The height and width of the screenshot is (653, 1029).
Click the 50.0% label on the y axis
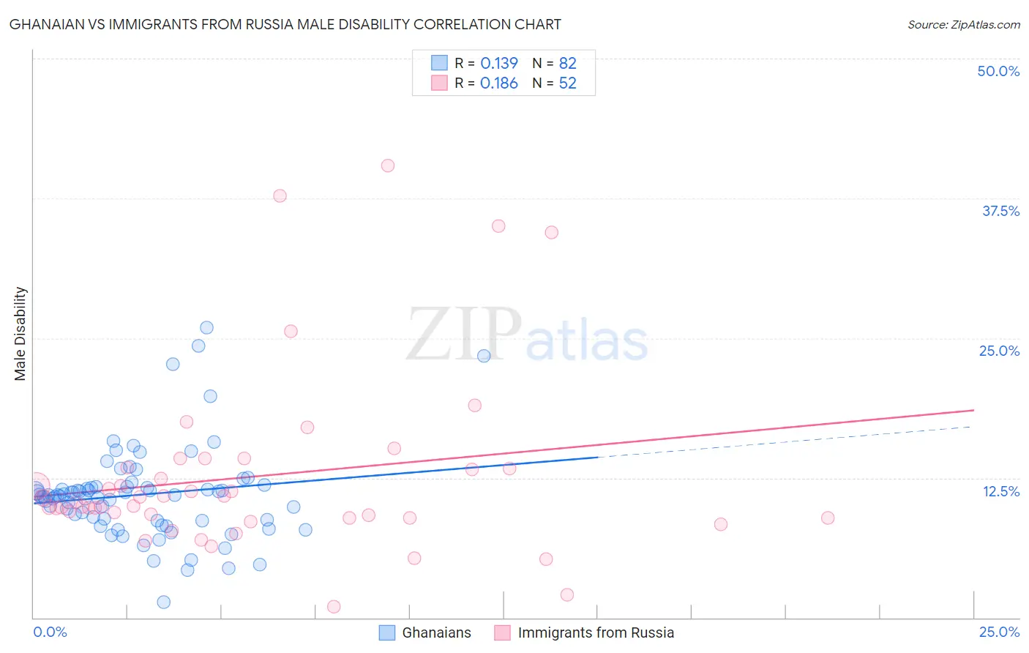[x=998, y=71]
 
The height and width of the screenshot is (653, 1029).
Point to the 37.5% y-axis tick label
[x=1000, y=211]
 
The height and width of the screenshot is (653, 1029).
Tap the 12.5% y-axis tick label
[x=1000, y=491]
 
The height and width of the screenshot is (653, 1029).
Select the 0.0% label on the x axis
[x=50, y=632]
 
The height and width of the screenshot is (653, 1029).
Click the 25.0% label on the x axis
[x=999, y=632]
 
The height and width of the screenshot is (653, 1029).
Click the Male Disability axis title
[x=20, y=333]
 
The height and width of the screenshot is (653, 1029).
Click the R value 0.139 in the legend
[x=499, y=63]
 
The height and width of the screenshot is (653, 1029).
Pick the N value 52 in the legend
[x=568, y=83]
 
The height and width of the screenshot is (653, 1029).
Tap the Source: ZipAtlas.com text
[x=963, y=24]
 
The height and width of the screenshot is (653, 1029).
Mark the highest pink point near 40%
[x=388, y=165]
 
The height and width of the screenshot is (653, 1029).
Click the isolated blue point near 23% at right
[x=484, y=356]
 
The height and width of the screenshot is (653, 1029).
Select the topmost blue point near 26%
[x=206, y=327]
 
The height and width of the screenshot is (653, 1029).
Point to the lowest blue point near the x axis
[x=164, y=602]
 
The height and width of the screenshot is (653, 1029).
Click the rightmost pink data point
[x=828, y=518]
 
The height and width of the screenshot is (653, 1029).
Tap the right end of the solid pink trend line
[x=974, y=410]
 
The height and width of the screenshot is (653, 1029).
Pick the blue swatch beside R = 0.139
[x=439, y=63]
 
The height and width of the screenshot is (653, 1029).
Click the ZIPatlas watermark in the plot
[x=527, y=335]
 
